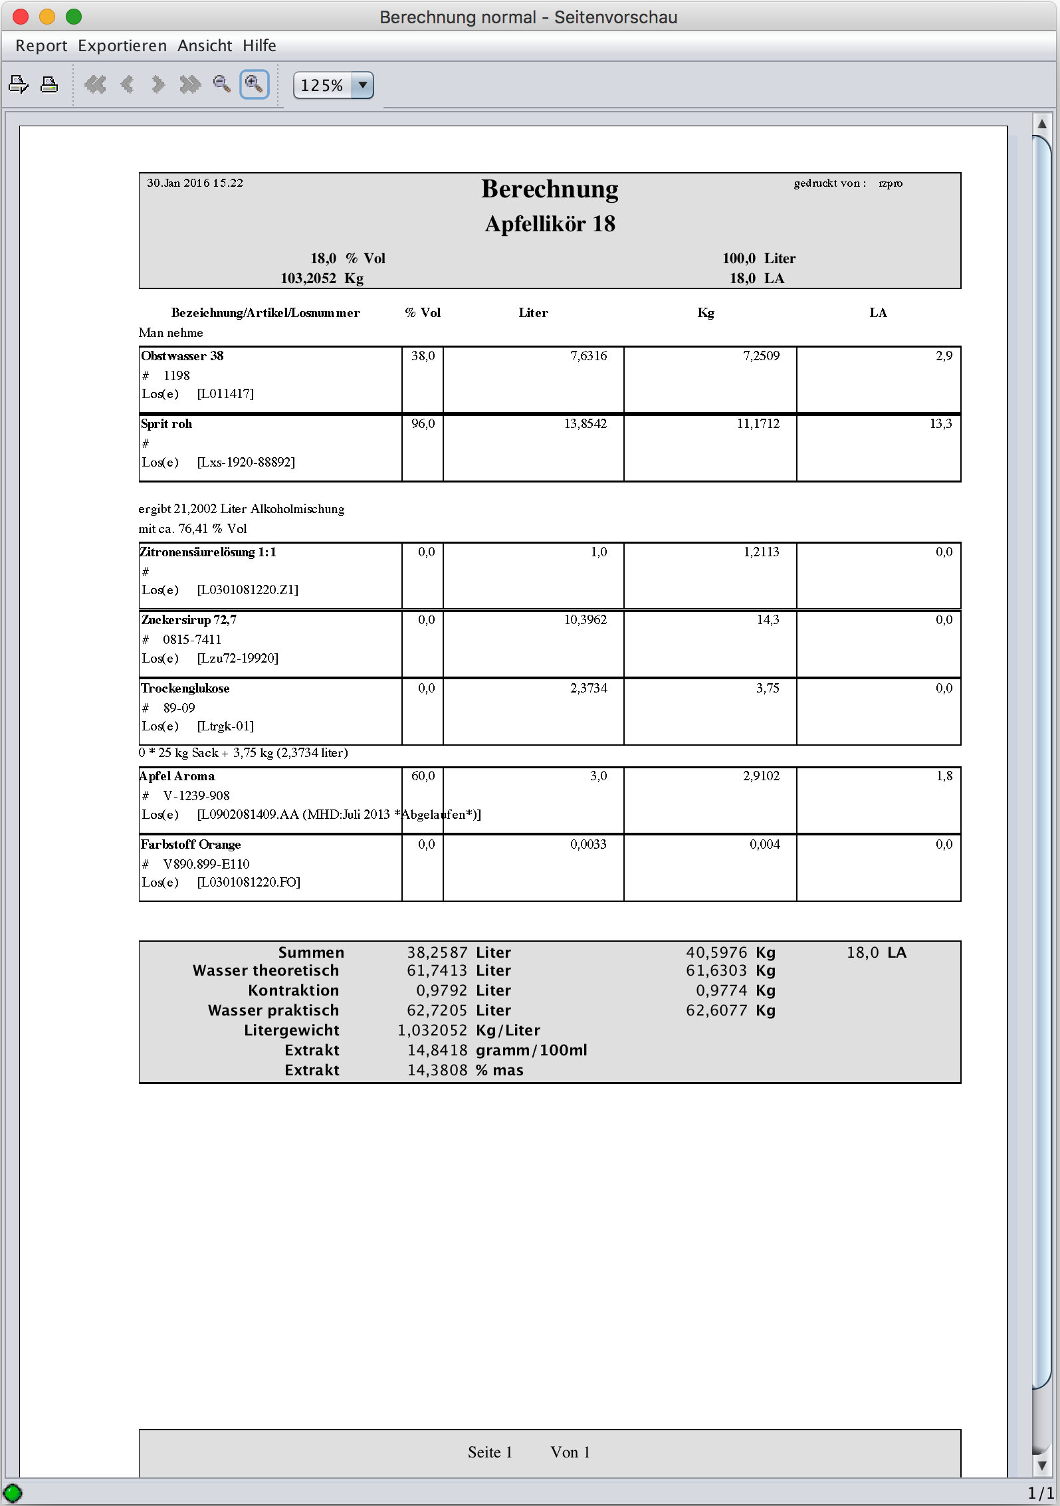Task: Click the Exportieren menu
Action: [122, 46]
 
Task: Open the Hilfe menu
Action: [259, 46]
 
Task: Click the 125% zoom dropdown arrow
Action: [363, 85]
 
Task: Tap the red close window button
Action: [21, 17]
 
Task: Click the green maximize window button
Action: [74, 17]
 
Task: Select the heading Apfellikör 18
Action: [550, 224]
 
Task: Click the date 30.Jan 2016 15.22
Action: [195, 183]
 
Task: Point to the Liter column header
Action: [533, 312]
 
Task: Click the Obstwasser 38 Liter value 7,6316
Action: [588, 356]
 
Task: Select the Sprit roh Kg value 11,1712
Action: [758, 423]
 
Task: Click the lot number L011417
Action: [225, 393]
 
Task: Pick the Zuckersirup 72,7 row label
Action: [189, 619]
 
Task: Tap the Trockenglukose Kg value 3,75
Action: [768, 688]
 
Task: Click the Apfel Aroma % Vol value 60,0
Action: [423, 776]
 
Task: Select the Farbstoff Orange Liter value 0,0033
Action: [588, 844]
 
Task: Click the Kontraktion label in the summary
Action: [293, 990]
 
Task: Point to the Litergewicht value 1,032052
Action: [432, 1030]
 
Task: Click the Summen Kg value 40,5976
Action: [716, 952]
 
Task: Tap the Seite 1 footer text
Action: [490, 1452]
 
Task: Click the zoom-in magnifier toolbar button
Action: [254, 84]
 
